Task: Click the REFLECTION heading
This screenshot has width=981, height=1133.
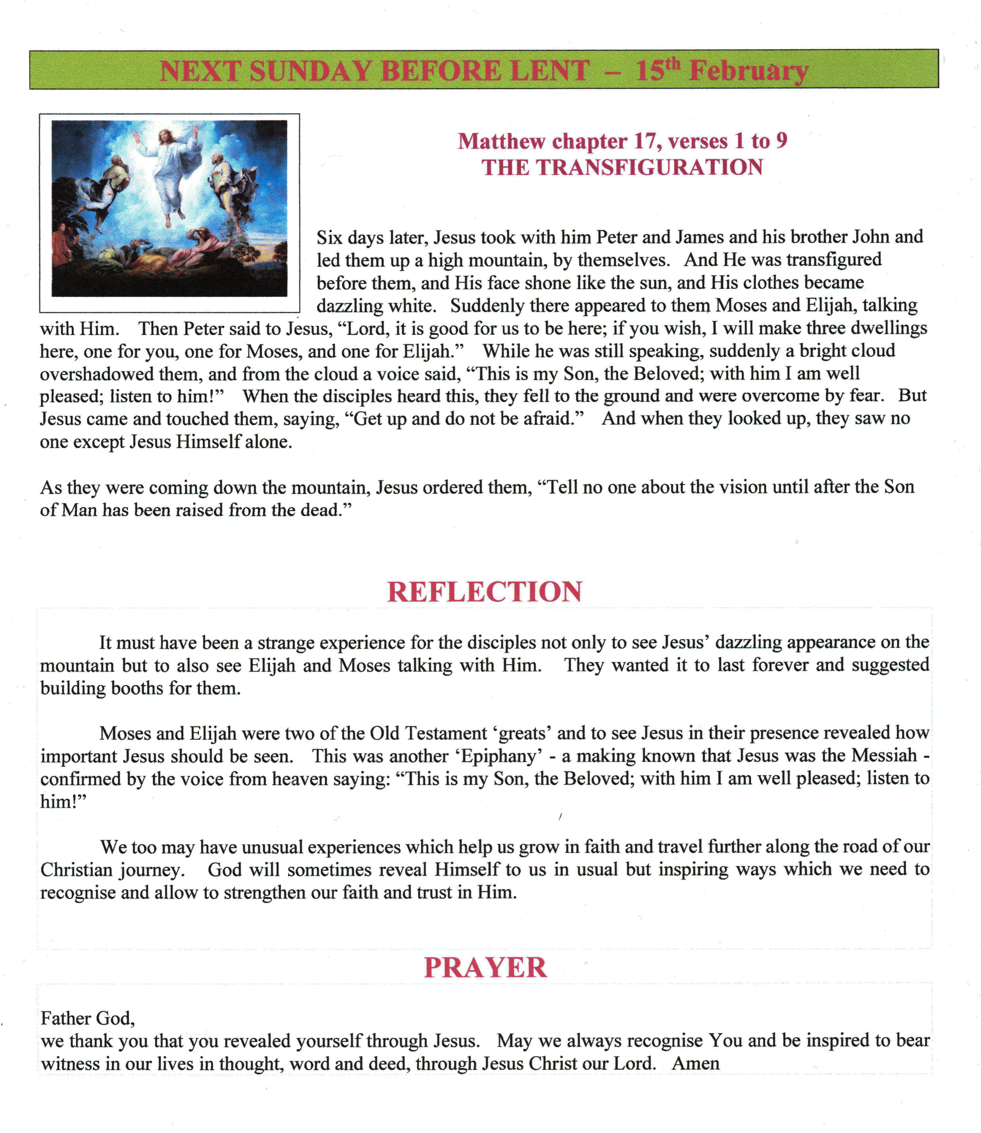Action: pos(485,592)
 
